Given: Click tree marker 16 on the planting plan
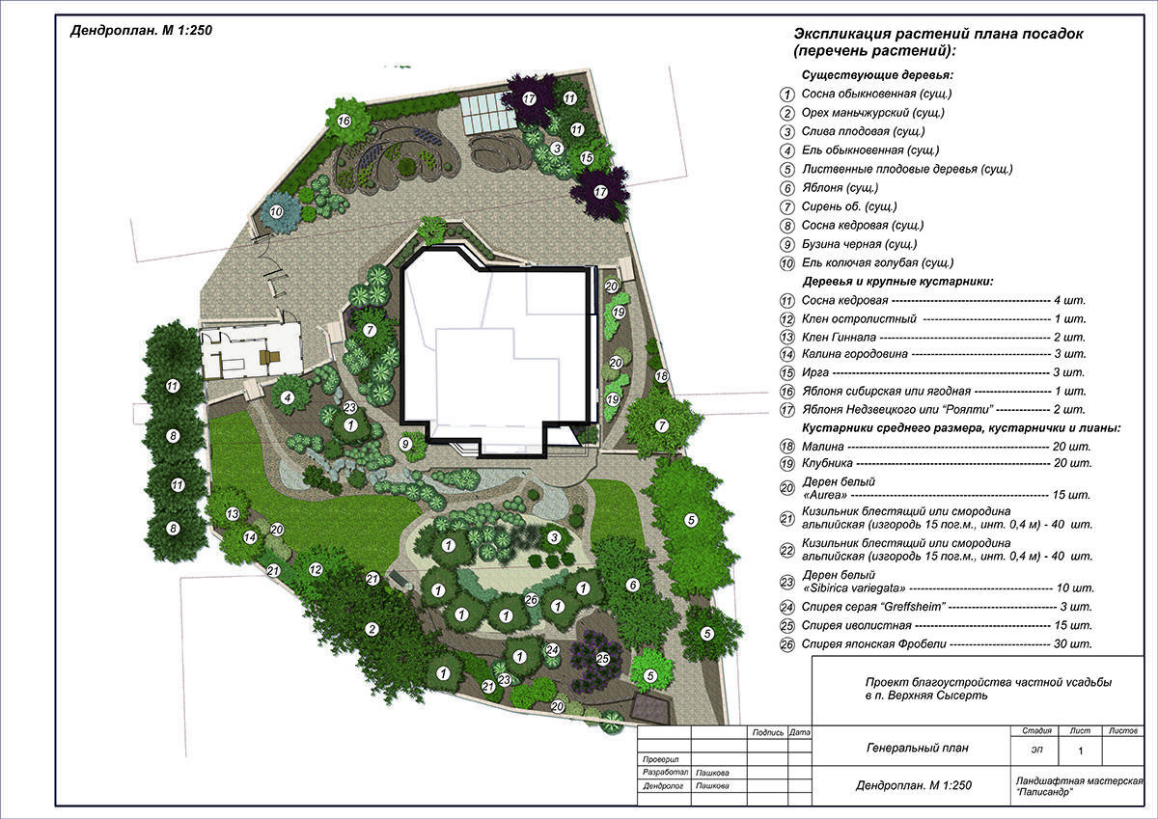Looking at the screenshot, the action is [x=344, y=121].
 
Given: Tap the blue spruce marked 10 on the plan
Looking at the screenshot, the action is [x=277, y=211].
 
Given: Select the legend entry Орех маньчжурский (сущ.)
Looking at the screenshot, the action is [x=872, y=113].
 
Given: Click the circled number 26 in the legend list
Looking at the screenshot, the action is [x=786, y=644].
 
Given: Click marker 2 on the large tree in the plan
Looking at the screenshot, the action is [x=372, y=629].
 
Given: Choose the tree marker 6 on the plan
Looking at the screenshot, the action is [x=632, y=585].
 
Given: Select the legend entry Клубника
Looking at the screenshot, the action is [x=827, y=463].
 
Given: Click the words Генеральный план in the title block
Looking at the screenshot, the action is [x=917, y=748].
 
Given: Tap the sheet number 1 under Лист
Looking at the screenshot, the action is [x=1080, y=751].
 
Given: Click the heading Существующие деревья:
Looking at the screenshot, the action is [x=877, y=75].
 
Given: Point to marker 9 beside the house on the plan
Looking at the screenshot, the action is [x=406, y=444].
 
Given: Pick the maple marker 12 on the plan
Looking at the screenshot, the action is [x=316, y=569].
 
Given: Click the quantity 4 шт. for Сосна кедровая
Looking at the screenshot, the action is [x=1069, y=300].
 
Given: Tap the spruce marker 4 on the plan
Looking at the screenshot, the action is [x=287, y=397].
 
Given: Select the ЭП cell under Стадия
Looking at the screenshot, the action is [x=1036, y=751].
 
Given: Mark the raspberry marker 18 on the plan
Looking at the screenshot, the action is [x=662, y=375].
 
